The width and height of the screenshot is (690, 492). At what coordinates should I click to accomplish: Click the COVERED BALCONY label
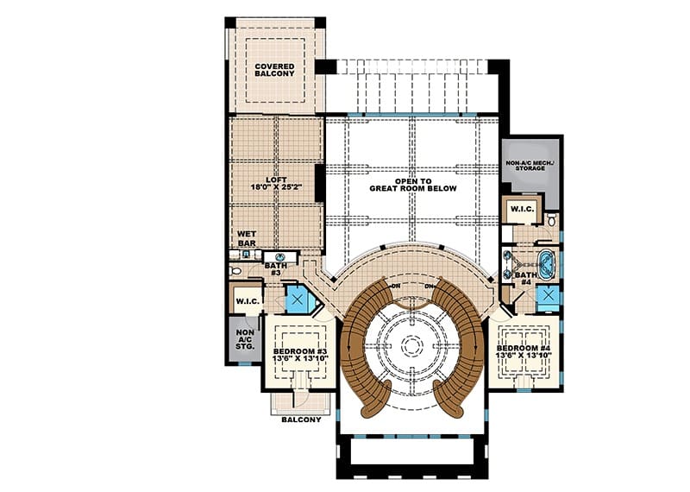pos(274,70)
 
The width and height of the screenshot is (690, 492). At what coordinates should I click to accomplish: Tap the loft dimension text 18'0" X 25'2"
pos(276,186)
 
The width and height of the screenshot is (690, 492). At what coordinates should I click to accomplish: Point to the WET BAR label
pos(247,238)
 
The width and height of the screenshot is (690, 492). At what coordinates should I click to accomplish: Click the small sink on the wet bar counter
pos(246,254)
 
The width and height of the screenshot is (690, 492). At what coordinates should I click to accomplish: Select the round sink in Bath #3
pos(280,257)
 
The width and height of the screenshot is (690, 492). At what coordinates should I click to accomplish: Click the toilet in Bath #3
pos(235,270)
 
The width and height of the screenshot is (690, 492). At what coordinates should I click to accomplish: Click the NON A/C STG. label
pos(245,339)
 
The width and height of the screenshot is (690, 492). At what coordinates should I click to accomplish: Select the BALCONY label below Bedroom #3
pos(301,419)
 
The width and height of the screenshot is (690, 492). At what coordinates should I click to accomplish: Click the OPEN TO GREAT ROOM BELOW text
pos(413,185)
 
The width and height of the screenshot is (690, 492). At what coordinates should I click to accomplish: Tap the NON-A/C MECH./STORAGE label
pos(530,166)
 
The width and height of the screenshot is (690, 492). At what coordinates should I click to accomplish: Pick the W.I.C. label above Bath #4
pos(522,209)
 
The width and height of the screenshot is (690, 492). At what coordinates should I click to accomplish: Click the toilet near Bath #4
pos(552,219)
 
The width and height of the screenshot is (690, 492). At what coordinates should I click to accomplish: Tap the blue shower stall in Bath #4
pos(548,296)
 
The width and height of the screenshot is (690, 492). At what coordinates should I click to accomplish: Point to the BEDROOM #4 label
pos(524,351)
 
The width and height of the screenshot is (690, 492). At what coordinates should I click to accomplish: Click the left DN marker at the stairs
pos(396,286)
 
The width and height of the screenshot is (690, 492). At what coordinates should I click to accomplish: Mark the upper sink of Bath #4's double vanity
pos(508,255)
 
